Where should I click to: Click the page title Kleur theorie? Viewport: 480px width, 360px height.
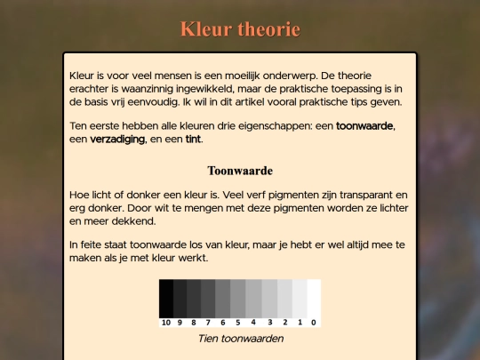point(240,29)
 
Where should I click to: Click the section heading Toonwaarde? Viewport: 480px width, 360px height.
point(240,170)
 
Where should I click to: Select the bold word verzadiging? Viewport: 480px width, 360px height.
point(117,139)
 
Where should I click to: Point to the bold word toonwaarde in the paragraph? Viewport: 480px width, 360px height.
point(364,125)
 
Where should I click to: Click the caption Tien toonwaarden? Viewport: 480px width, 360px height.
point(240,339)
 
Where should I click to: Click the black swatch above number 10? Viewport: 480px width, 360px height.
point(166,298)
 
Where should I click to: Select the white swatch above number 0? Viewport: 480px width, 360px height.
point(314,298)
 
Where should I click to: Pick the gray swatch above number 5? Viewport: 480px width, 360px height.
point(238,298)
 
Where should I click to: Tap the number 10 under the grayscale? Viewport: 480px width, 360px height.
point(166,323)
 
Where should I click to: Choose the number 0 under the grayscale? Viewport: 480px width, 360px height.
point(314,323)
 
